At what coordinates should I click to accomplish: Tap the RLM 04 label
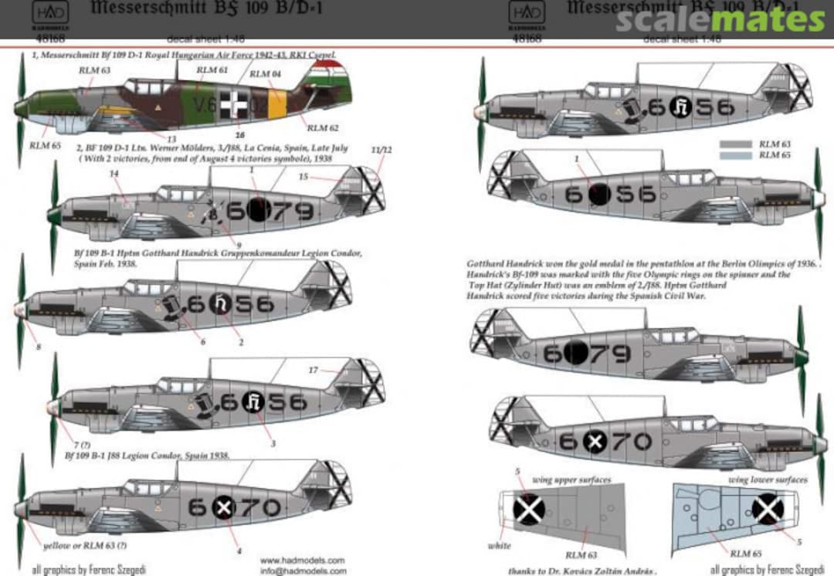[x=265, y=74]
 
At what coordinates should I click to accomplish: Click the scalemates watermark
[x=720, y=19]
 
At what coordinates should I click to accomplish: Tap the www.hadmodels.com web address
[x=302, y=560]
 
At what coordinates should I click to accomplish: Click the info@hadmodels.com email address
[x=303, y=571]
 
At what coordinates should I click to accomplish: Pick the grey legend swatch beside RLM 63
[x=736, y=144]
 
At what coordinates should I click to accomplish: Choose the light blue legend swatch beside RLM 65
[x=736, y=155]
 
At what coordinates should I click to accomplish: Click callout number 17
[x=313, y=370]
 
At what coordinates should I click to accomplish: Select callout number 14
[x=115, y=174]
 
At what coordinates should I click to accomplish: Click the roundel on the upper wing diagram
[x=530, y=510]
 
